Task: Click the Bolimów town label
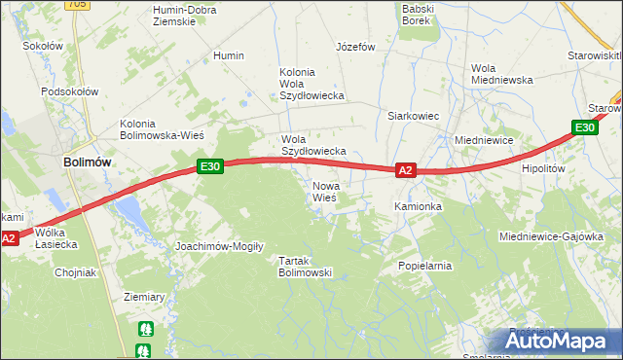pos(85,162)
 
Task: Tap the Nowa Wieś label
pos(324,192)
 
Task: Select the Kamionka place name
pos(419,207)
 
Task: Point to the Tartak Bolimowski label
pos(306,267)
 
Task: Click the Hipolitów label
pos(544,168)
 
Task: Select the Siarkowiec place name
pos(414,116)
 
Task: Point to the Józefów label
pos(355,46)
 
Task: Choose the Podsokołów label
pos(70,91)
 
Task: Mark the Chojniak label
pos(75,272)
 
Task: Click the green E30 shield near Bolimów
pos(210,166)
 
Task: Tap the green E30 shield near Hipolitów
pos(584,127)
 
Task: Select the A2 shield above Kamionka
pos(407,171)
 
